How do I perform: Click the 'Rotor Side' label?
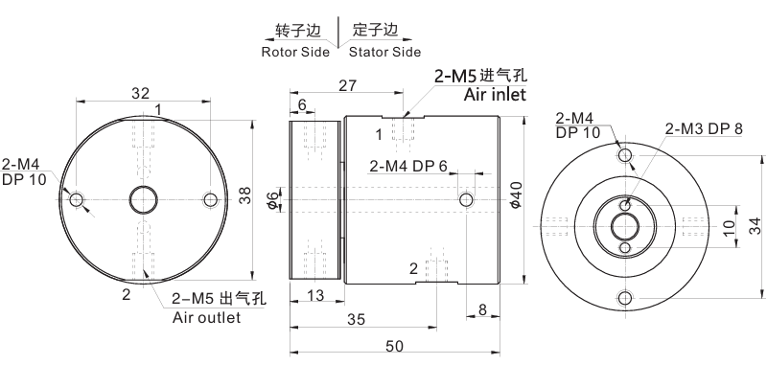point(295,51)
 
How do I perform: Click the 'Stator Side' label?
point(384,51)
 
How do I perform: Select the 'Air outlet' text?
point(206,317)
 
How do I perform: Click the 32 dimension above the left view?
point(140,93)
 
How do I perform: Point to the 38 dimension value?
point(244,196)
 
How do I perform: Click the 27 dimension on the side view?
point(346,85)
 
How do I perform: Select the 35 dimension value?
point(356,320)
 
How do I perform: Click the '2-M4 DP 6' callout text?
point(408,166)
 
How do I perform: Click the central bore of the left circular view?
point(145,199)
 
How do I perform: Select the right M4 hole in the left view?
point(211,199)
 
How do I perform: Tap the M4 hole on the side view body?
point(466,199)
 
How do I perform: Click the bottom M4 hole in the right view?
point(625,296)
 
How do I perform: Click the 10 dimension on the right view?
point(729,226)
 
